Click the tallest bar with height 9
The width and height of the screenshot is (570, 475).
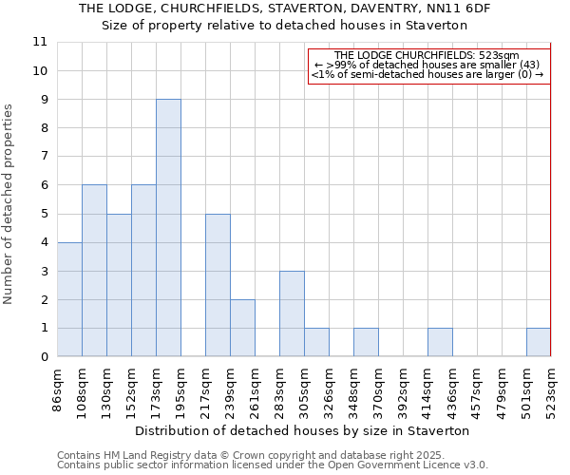(168, 228)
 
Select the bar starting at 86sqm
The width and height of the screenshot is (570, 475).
(69, 299)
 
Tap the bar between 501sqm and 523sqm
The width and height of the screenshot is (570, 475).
(539, 342)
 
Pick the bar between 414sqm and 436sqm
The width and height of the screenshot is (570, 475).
(440, 342)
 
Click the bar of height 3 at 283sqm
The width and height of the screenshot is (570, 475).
(292, 313)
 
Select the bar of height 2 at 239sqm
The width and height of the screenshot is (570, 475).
(242, 328)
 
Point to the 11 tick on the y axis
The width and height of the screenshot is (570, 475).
(40, 42)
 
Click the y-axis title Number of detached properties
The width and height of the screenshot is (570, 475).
(9, 204)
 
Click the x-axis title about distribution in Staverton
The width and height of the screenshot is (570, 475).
(302, 430)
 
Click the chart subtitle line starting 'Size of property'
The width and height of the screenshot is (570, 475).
(284, 26)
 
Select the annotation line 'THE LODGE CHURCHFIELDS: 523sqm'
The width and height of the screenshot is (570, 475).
(427, 56)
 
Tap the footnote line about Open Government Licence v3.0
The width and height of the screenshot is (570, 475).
(273, 465)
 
